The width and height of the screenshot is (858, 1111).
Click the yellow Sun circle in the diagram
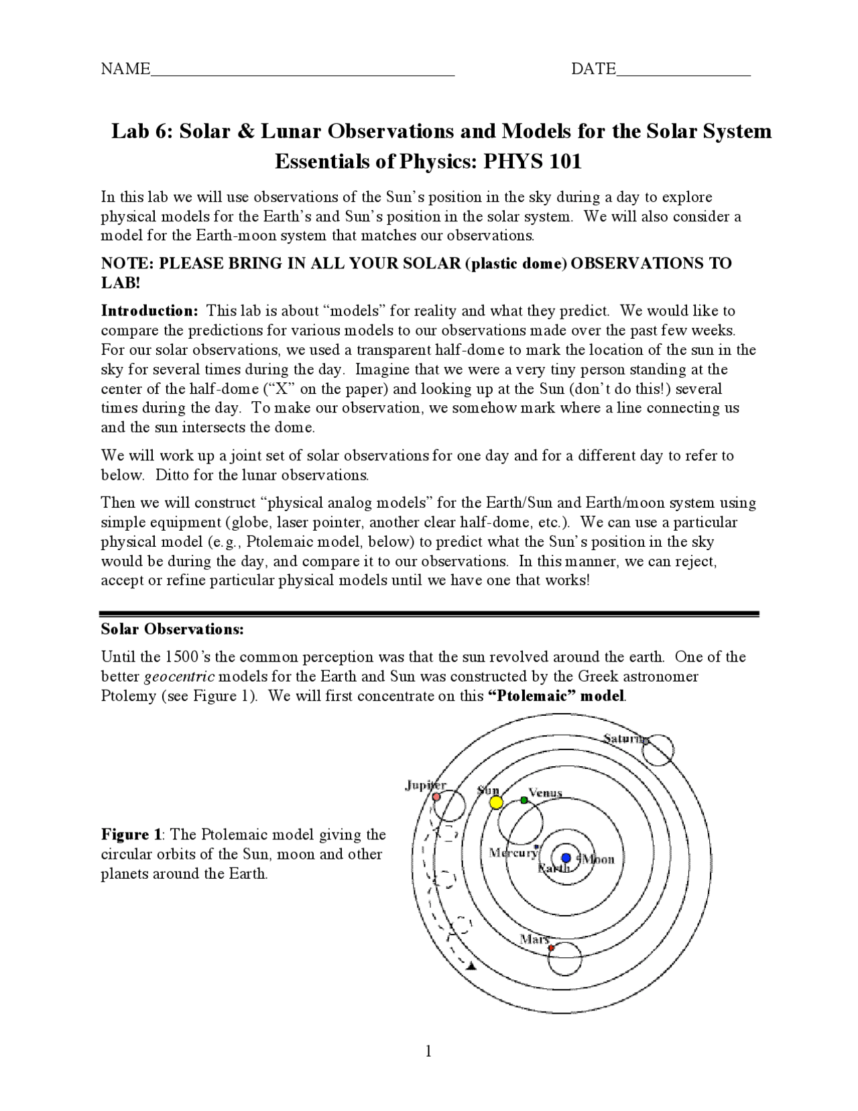495,802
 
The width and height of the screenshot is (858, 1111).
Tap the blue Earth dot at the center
566,857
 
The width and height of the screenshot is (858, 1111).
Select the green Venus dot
524,800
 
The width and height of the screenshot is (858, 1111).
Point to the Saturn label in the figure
625,739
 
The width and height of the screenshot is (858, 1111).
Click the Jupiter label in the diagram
425,786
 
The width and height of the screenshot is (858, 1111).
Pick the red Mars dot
551,948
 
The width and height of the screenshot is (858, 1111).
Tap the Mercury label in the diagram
513,853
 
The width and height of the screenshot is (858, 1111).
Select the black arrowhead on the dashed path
471,966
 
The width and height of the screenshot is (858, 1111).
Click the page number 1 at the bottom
428,1051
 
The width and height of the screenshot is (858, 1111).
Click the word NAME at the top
125,68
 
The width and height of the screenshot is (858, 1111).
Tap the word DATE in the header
593,68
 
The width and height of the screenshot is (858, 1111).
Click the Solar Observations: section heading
172,629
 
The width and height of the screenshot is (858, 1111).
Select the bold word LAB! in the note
121,282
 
